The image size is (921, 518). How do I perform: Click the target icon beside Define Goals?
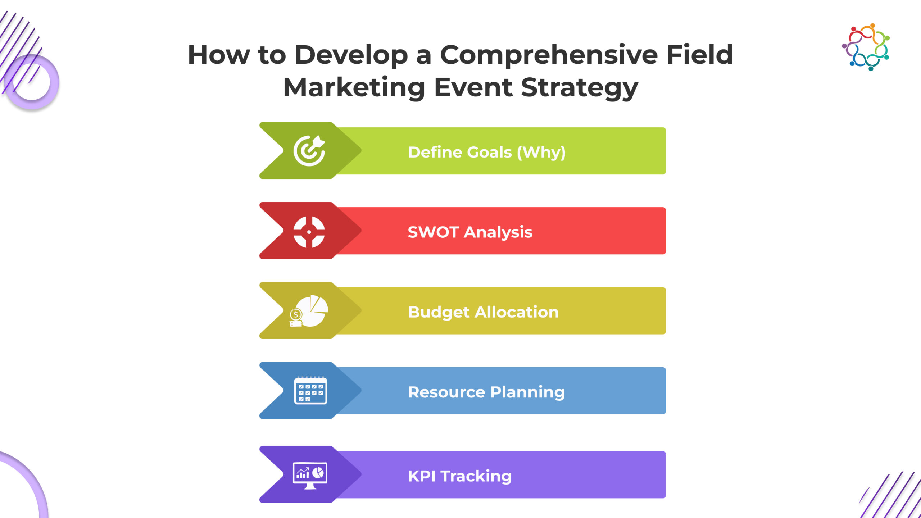[x=309, y=151]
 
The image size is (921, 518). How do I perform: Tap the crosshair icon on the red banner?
[x=309, y=232]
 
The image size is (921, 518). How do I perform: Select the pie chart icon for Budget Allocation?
[x=309, y=311]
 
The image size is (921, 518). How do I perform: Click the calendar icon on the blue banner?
[x=310, y=390]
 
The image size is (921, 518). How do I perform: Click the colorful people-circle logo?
[x=866, y=47]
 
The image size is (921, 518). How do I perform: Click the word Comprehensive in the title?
[x=549, y=55]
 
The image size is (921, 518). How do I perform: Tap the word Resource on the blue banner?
[x=446, y=392]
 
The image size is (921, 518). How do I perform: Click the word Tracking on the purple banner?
[x=476, y=477]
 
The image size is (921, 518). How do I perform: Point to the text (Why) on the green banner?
[x=541, y=153]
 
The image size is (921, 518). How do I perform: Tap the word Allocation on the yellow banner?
[x=517, y=312]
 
